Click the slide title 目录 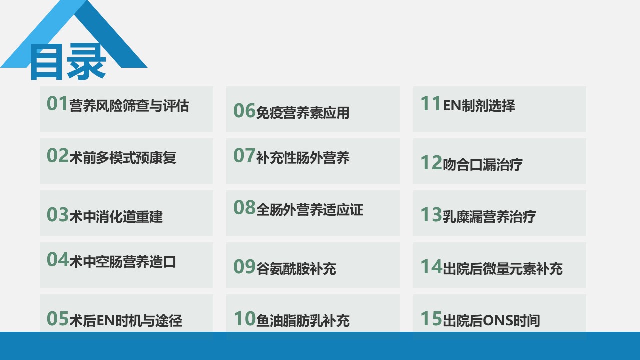68,61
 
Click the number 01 57,103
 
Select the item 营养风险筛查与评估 129,106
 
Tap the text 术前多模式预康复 123,158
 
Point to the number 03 57,215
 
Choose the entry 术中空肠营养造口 123,262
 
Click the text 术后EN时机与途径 125,320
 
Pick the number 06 244,111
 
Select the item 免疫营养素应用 303,113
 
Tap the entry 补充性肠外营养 303,158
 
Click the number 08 244,207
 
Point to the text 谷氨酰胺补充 296,269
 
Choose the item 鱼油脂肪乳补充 303,320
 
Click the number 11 431,103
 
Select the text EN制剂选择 479,106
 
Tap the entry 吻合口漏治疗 483,165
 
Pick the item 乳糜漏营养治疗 489,217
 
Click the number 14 431,267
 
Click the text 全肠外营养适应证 309,210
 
